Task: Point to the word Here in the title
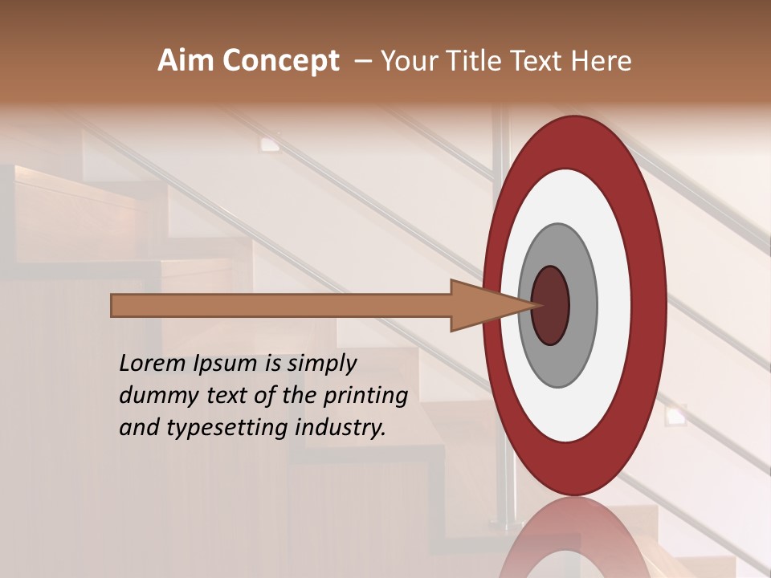click(x=602, y=61)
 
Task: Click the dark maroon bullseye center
click(x=551, y=305)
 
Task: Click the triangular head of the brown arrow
click(x=482, y=306)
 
